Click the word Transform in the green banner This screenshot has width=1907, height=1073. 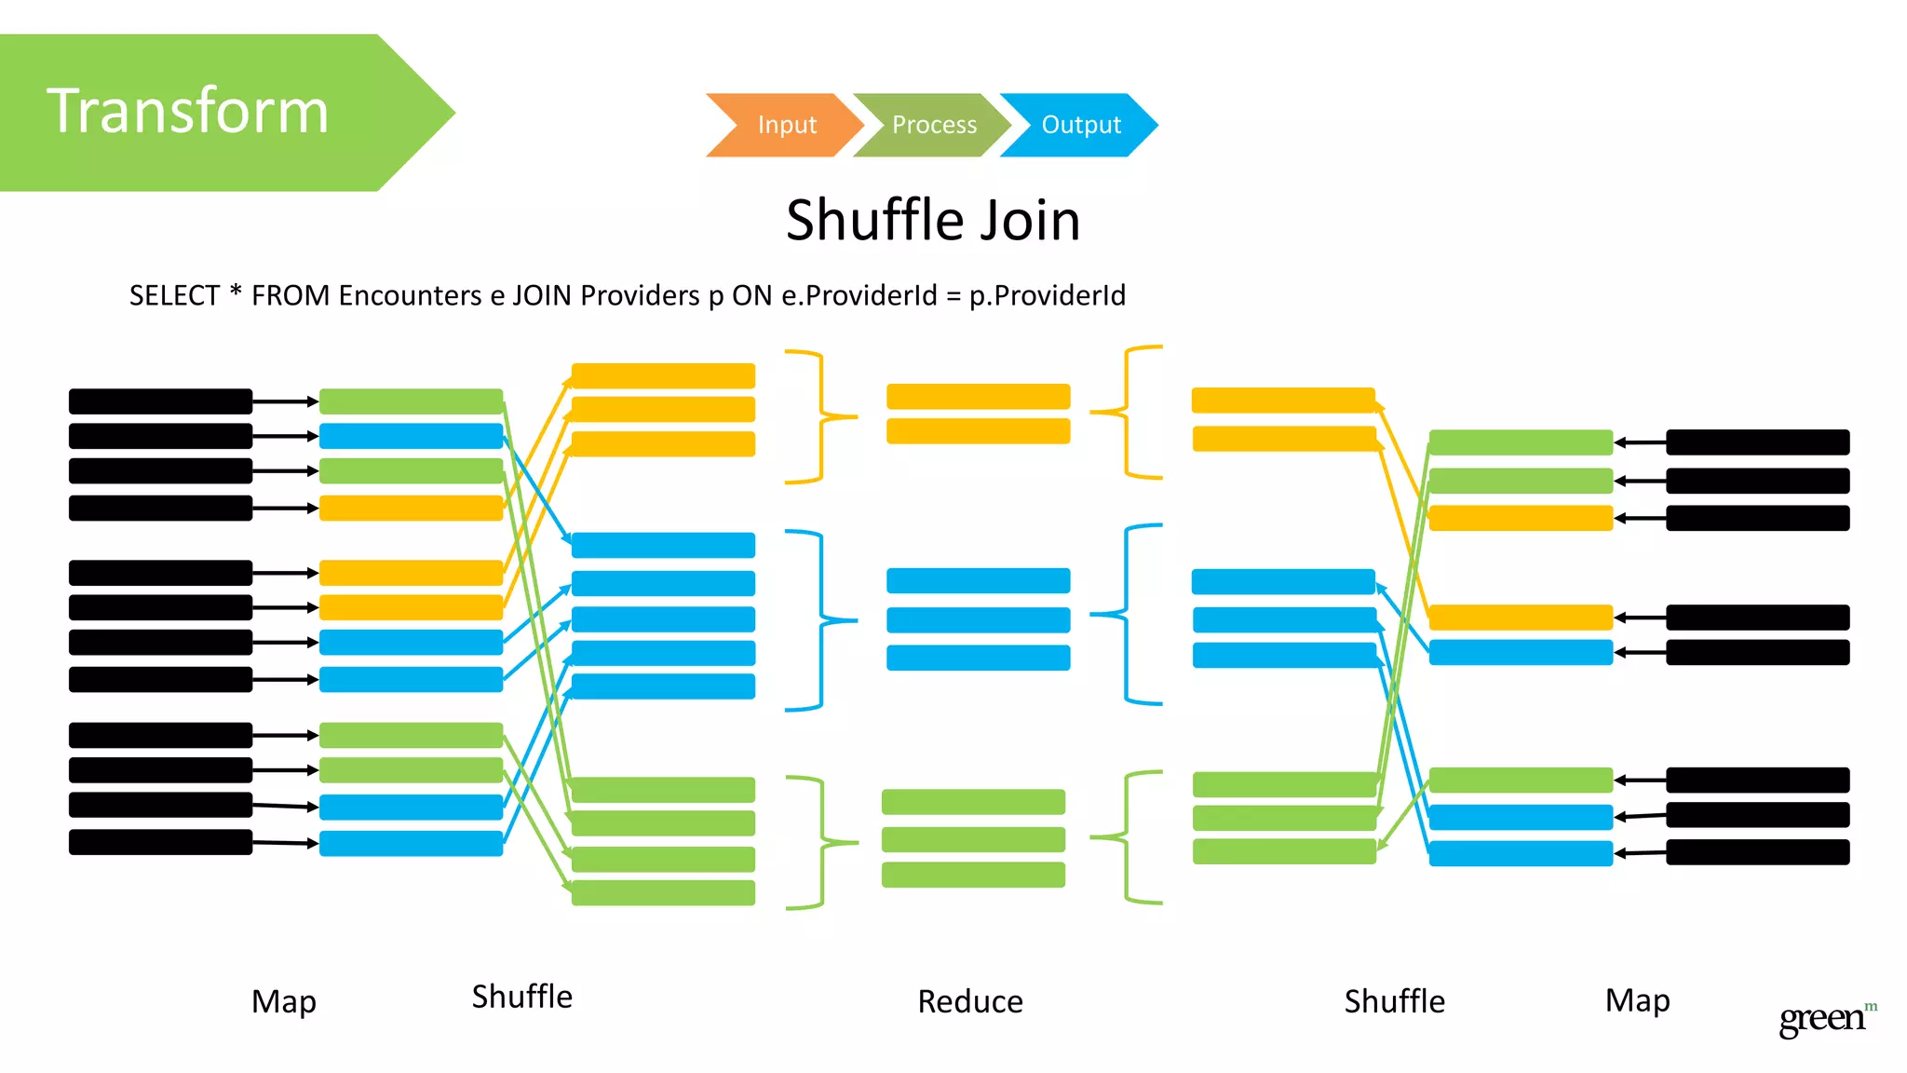(x=188, y=111)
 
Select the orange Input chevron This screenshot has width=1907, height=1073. (x=786, y=125)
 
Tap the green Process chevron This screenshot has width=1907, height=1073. (x=933, y=125)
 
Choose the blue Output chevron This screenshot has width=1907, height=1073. (x=1080, y=125)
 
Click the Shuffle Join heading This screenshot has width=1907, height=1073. (x=933, y=221)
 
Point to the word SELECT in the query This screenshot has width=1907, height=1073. (x=174, y=295)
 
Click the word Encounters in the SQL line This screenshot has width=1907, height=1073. (x=410, y=295)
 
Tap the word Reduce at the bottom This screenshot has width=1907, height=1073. (x=969, y=1001)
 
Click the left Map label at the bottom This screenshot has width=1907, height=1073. (x=284, y=1001)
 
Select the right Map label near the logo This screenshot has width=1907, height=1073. (x=1637, y=1000)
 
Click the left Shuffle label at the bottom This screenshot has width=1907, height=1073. (x=521, y=997)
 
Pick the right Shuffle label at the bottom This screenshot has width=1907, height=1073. (x=1394, y=1001)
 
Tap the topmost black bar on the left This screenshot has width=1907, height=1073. (x=160, y=401)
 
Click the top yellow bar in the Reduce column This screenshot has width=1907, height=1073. (x=978, y=397)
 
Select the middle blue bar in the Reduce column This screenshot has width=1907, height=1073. (x=978, y=619)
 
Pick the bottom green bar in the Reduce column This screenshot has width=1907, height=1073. (x=973, y=875)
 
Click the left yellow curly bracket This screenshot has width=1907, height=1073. (x=820, y=416)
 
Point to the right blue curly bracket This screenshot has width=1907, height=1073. (x=1129, y=614)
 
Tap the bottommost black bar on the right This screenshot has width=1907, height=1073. (x=1757, y=852)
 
